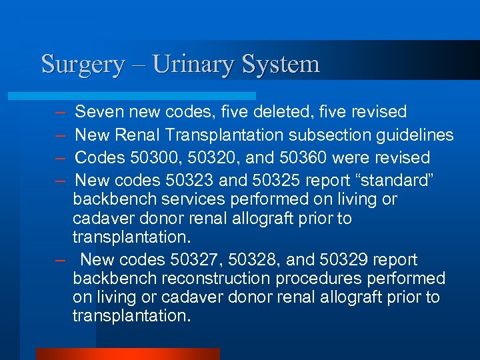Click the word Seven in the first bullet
(96, 111)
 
